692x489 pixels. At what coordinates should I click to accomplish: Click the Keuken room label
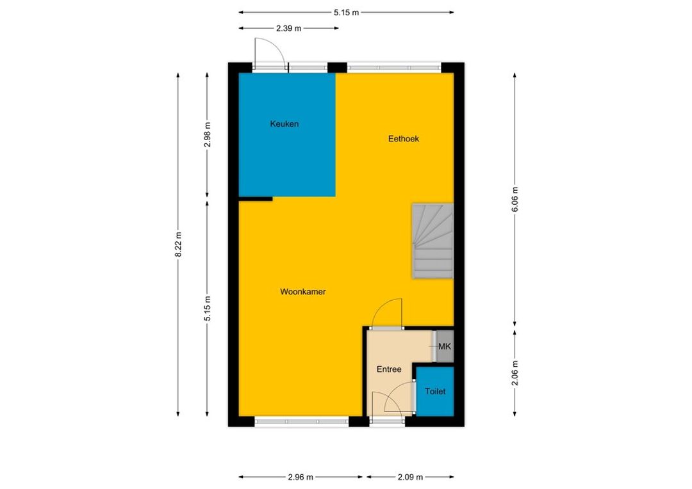(x=284, y=124)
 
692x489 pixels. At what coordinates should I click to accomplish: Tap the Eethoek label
(x=404, y=138)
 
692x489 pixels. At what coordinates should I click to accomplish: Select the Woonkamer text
(x=302, y=291)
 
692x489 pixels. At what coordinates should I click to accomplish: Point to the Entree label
(x=389, y=369)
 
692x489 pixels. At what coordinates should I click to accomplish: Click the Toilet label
(x=435, y=391)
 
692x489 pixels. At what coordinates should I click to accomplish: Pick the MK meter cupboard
(x=445, y=346)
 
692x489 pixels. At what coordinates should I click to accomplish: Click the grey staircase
(x=433, y=241)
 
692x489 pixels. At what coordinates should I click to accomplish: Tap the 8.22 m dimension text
(x=178, y=245)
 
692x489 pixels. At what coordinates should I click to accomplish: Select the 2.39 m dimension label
(x=288, y=28)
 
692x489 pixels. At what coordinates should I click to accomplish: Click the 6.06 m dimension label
(x=515, y=200)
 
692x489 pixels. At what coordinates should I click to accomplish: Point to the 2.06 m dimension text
(x=515, y=373)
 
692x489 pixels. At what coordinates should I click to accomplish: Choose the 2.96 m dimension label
(x=301, y=477)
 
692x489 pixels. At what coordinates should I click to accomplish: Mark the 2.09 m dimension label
(x=411, y=477)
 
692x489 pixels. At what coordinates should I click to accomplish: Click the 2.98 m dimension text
(x=208, y=135)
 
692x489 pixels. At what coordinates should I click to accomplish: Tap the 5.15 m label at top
(x=346, y=13)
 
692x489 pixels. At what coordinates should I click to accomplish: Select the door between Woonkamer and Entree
(x=387, y=314)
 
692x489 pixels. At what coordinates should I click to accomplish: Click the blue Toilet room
(x=435, y=392)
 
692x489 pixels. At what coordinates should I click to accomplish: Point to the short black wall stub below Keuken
(x=256, y=199)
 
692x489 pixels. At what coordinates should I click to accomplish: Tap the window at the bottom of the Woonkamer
(x=302, y=422)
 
